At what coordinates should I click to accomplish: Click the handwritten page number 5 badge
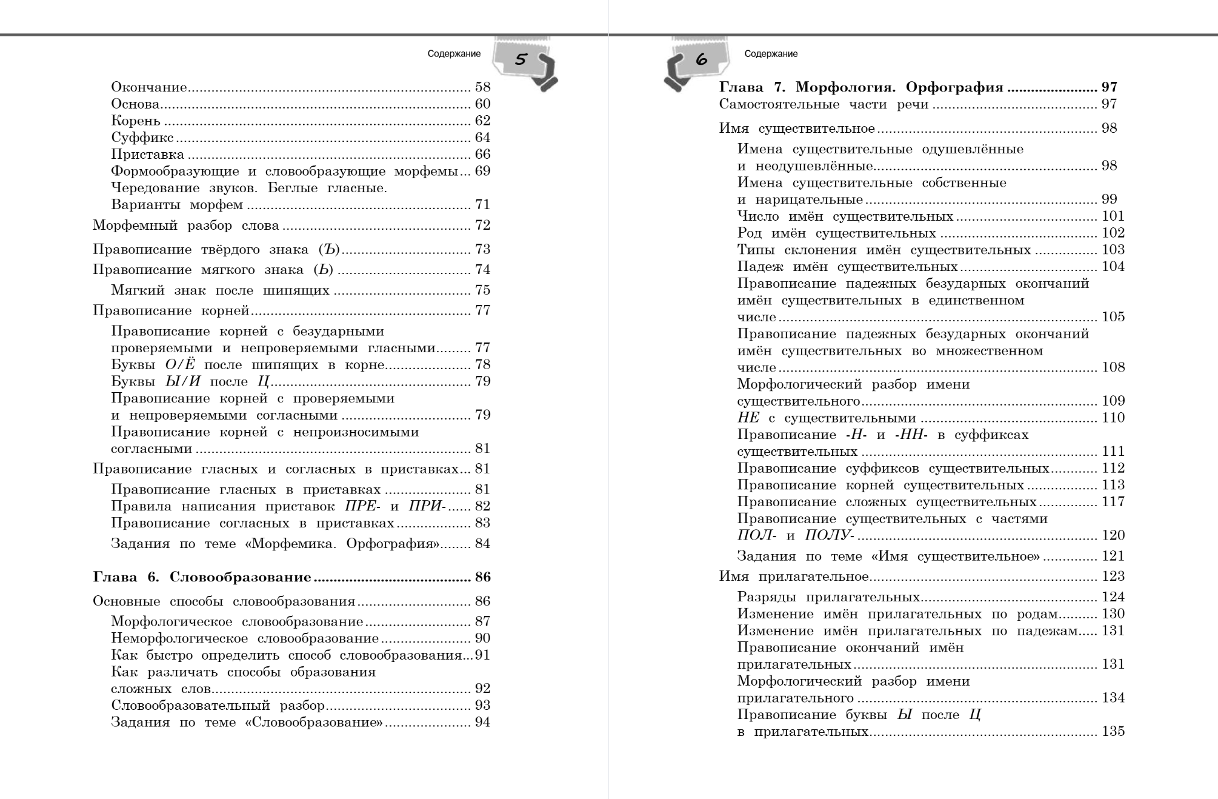click(521, 60)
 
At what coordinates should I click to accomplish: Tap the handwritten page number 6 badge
click(701, 60)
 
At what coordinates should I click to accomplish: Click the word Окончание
click(148, 87)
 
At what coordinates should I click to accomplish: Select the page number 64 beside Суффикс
click(482, 138)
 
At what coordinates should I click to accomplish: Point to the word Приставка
click(147, 155)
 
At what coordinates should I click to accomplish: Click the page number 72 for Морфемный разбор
click(482, 226)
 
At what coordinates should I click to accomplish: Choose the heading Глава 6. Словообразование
click(202, 577)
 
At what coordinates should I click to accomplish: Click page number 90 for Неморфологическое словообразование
click(482, 638)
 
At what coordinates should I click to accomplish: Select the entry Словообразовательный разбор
click(218, 706)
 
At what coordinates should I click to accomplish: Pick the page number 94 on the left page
click(482, 723)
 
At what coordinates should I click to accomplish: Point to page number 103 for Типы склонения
click(1113, 250)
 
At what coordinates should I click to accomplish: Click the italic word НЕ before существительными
click(748, 418)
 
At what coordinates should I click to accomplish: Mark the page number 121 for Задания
click(1113, 556)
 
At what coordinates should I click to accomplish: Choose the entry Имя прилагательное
click(794, 577)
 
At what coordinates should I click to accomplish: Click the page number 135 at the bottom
click(1113, 732)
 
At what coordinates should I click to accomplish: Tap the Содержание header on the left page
click(454, 54)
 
